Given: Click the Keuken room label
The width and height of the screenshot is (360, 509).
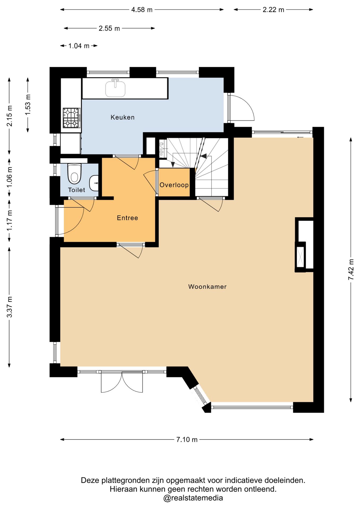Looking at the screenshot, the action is click(122, 117).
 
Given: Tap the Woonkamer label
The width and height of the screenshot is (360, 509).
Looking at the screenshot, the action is click(207, 287).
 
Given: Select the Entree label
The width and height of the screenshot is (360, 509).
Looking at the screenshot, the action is click(128, 218).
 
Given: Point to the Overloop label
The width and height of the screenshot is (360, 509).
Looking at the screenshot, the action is click(174, 185).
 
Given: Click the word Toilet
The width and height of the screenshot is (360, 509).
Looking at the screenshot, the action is click(77, 190).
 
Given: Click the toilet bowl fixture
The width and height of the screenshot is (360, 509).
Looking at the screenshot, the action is click(74, 174).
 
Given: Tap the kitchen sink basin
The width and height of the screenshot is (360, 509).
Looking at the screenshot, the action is click(115, 89).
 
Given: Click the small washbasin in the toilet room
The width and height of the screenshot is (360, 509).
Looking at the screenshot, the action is click(94, 183).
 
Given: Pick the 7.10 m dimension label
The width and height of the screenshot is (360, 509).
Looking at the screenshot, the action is click(187, 440).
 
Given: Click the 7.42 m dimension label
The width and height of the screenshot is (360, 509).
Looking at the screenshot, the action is click(351, 269).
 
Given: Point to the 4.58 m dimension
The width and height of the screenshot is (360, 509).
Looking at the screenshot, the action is click(142, 10).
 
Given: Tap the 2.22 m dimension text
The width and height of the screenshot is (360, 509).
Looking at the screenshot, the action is click(273, 10).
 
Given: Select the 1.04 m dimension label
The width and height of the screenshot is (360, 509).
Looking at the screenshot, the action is click(79, 46).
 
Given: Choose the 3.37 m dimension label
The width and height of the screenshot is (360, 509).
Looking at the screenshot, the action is click(10, 307).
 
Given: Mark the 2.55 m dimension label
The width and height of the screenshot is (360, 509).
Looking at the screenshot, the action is click(109, 28).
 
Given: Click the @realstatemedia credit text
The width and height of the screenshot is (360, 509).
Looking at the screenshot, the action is click(193, 498).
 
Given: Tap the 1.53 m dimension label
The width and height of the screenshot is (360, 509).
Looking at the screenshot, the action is click(28, 104).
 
